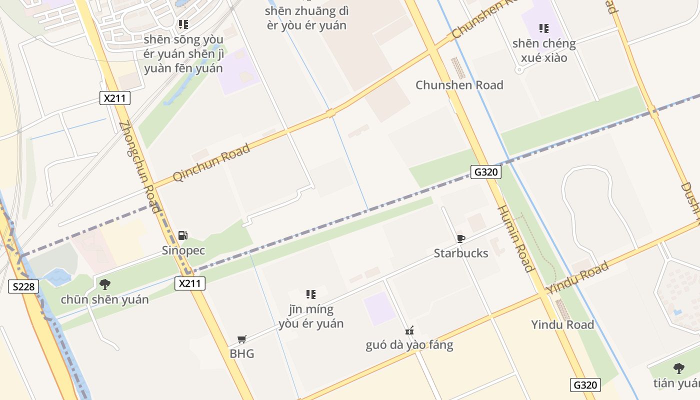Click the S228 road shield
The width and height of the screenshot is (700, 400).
(24, 286)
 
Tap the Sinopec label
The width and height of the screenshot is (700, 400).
(183, 250)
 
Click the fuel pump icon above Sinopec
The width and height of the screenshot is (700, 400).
(183, 235)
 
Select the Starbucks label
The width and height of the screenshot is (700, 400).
(461, 253)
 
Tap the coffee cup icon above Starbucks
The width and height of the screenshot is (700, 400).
(461, 238)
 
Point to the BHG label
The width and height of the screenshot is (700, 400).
(242, 353)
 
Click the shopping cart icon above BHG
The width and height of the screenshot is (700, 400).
(242, 339)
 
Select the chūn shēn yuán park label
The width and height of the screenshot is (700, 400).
(105, 299)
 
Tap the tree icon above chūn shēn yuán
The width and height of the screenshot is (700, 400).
(105, 284)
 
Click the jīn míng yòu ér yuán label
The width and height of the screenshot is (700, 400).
(311, 316)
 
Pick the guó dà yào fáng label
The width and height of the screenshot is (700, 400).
(409, 345)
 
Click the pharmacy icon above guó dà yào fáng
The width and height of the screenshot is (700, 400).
(409, 330)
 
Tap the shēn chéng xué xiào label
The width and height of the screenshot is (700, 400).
(544, 50)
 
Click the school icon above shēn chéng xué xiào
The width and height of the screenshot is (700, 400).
(544, 28)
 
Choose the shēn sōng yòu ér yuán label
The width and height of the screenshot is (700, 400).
(183, 53)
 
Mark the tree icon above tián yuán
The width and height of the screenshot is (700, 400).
(678, 368)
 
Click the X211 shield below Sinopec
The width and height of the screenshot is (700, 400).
(190, 283)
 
